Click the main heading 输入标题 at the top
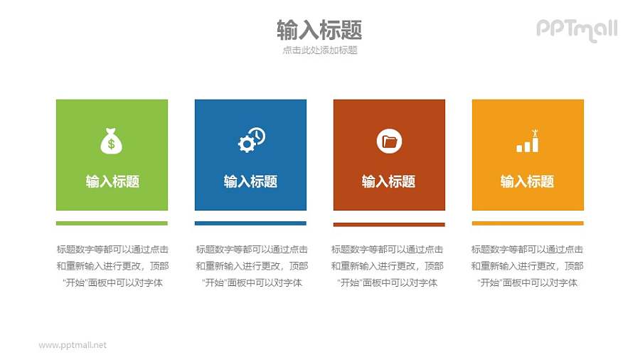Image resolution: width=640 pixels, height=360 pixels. pyautogui.click(x=319, y=30)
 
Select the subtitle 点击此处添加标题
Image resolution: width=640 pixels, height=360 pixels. pyautogui.click(x=319, y=51)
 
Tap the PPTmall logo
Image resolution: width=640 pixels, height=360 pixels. pyautogui.click(x=576, y=30)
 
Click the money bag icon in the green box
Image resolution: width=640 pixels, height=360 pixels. pyautogui.click(x=111, y=141)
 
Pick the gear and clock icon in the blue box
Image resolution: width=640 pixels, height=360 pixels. pyautogui.click(x=251, y=140)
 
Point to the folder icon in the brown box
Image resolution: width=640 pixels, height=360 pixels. pyautogui.click(x=389, y=141)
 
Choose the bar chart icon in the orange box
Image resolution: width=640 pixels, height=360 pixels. pyautogui.click(x=528, y=142)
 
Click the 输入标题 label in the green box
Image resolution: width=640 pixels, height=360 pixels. pyautogui.click(x=112, y=181)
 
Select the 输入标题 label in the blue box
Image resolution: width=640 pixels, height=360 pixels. pyautogui.click(x=250, y=181)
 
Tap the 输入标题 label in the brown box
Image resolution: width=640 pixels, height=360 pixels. pyautogui.click(x=388, y=181)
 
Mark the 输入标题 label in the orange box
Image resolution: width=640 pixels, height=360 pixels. pyautogui.click(x=527, y=181)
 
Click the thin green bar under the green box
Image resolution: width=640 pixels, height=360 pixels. pyautogui.click(x=112, y=223)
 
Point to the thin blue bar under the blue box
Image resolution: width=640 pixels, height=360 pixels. pyautogui.click(x=250, y=223)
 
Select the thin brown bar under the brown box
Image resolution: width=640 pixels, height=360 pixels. pyautogui.click(x=389, y=224)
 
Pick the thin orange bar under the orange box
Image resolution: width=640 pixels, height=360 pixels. pyautogui.click(x=528, y=223)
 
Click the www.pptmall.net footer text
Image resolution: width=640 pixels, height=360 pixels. pyautogui.click(x=73, y=345)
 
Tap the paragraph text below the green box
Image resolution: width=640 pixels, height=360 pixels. pyautogui.click(x=112, y=266)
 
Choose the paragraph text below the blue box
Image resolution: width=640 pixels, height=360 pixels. pyautogui.click(x=251, y=266)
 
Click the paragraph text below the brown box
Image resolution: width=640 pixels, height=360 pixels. pyautogui.click(x=388, y=266)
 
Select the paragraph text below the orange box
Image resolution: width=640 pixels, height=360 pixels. pyautogui.click(x=527, y=266)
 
